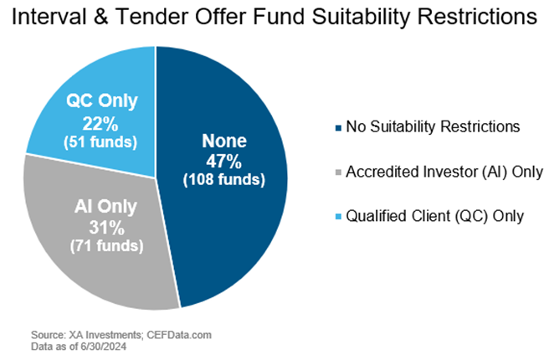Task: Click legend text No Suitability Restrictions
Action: pyautogui.click(x=434, y=128)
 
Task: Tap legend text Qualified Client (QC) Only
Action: pyautogui.click(x=435, y=216)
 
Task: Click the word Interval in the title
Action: pyautogui.click(x=53, y=19)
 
